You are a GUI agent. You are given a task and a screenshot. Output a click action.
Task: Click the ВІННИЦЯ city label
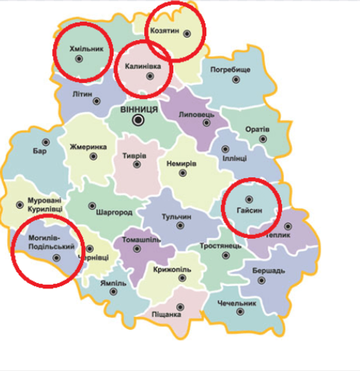coord(139,110)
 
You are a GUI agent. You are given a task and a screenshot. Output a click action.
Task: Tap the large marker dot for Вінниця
coord(139,120)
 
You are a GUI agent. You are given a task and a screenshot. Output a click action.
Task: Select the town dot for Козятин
coord(187,33)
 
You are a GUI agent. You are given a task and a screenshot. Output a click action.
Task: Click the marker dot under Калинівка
coord(150,75)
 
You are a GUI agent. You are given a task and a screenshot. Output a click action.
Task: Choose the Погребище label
coord(230,70)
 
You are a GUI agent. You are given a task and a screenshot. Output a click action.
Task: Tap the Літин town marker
coord(97,101)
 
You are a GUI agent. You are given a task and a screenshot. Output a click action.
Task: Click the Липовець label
coord(196,115)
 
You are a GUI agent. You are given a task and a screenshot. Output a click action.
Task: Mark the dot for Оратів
coord(263,139)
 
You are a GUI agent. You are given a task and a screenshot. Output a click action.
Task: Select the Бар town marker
coord(46,142)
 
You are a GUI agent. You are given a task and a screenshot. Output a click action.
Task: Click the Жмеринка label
coord(88,147)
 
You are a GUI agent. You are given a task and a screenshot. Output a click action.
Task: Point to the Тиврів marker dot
coord(137,164)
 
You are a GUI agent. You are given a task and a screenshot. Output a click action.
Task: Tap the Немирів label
coord(181,164)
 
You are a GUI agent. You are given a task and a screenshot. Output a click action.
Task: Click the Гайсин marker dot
coord(249,199)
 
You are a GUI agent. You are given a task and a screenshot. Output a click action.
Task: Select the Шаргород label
coord(114,213)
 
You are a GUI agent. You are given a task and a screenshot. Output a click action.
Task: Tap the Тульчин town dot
coord(180,225)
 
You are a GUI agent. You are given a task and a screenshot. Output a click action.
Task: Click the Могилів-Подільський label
coord(45,243)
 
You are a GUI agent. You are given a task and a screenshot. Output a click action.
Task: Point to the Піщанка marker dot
coord(180,307)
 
